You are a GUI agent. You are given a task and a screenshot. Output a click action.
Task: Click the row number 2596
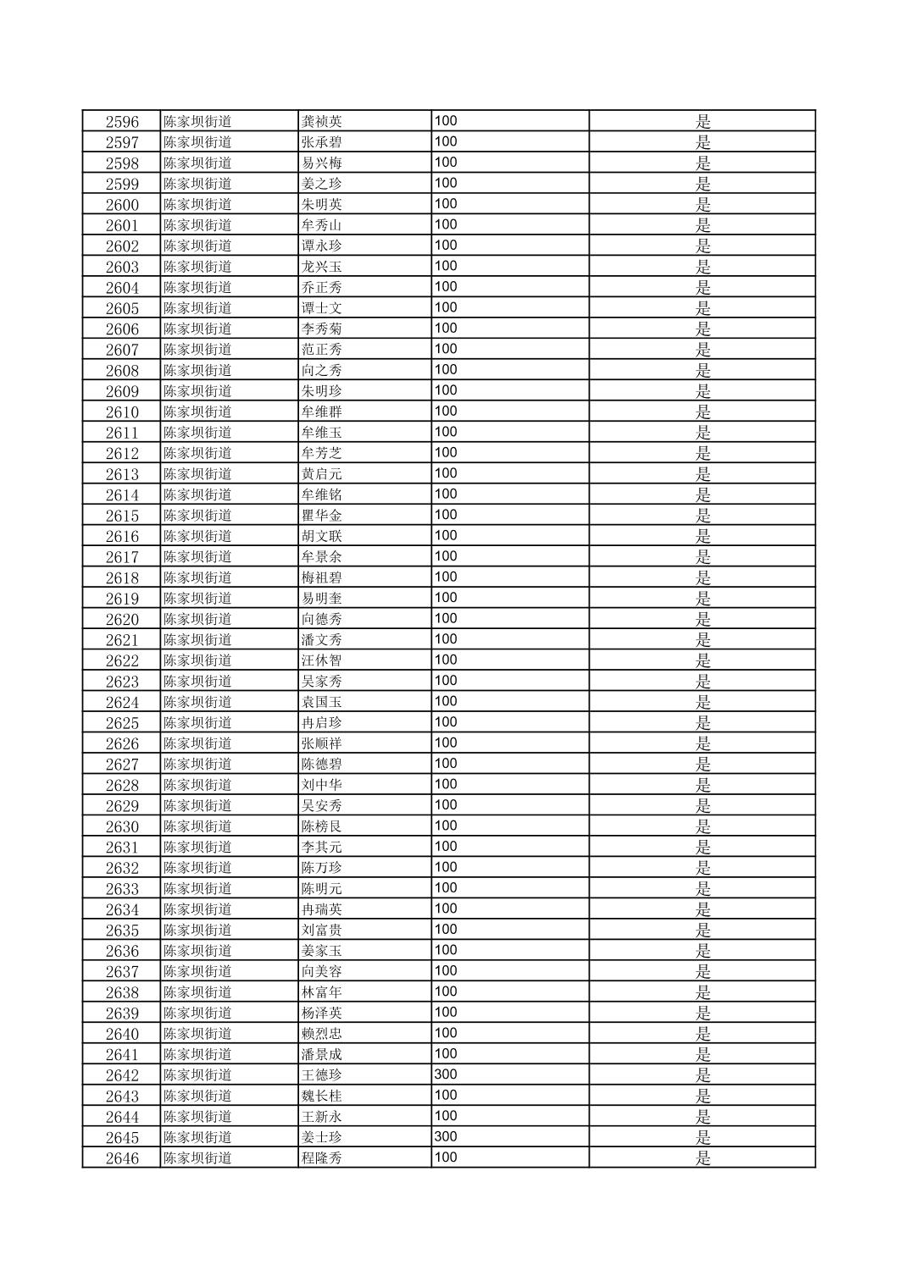(122, 121)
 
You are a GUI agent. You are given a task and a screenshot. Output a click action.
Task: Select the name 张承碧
(322, 142)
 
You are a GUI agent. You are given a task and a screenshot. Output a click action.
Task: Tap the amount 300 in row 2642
(446, 1074)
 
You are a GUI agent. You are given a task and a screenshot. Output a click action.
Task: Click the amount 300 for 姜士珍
(446, 1136)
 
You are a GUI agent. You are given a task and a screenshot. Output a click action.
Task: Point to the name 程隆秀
(322, 1157)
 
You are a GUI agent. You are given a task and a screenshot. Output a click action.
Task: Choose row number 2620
(122, 619)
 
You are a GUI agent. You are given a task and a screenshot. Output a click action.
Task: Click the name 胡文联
(322, 536)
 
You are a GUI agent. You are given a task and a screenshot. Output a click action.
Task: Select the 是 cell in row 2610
(702, 412)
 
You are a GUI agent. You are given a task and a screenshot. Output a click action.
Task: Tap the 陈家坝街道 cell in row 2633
(197, 888)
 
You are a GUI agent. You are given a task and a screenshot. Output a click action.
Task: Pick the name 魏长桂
(322, 1096)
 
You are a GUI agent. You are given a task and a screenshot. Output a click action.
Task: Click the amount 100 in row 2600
(446, 203)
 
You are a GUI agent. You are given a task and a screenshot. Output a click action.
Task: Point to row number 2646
(122, 1157)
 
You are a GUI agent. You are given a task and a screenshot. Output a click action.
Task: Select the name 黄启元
(322, 474)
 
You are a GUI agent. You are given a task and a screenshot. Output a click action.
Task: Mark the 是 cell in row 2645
(702, 1137)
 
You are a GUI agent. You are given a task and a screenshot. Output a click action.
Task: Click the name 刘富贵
(322, 930)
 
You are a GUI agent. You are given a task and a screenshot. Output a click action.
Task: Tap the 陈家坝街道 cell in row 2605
(197, 308)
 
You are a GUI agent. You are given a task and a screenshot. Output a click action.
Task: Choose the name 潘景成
(322, 1054)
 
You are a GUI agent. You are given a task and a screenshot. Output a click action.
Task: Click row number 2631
(122, 847)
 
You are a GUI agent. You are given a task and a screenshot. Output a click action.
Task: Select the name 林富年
(322, 991)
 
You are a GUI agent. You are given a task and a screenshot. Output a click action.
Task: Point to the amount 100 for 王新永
(446, 1116)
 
